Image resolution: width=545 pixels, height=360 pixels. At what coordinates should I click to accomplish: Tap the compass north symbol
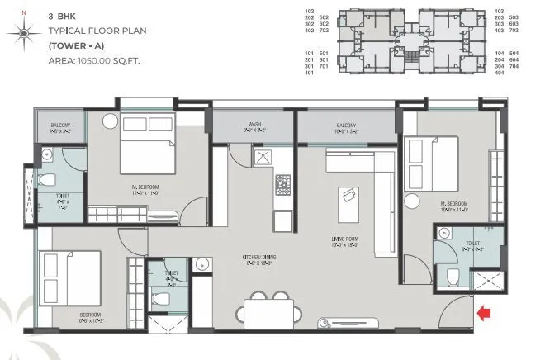pyautogui.click(x=24, y=32)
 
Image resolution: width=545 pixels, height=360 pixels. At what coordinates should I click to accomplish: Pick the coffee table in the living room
pyautogui.click(x=347, y=197)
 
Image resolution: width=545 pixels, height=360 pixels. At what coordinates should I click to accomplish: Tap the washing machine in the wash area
pyautogui.click(x=263, y=159)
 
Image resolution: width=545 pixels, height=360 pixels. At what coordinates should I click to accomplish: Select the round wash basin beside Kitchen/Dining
pyautogui.click(x=201, y=264)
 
